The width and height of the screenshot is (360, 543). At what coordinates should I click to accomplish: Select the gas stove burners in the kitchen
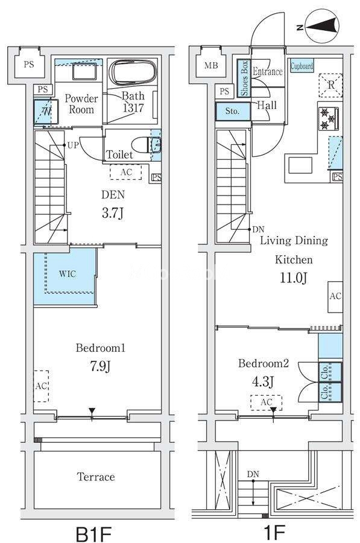pyautogui.click(x=329, y=119)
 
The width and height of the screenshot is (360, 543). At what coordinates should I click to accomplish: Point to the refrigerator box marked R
pyautogui.click(x=330, y=85)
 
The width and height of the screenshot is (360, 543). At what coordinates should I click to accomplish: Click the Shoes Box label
pyautogui.click(x=244, y=78)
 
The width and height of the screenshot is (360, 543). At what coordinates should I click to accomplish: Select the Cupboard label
pyautogui.click(x=302, y=66)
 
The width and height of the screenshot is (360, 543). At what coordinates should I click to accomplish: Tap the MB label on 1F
pyautogui.click(x=211, y=65)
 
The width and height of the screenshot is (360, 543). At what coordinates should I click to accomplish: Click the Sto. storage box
pyautogui.click(x=233, y=111)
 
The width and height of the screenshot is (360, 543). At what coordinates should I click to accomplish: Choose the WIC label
pyautogui.click(x=67, y=274)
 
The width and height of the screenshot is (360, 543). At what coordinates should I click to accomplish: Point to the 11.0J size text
pyautogui.click(x=293, y=278)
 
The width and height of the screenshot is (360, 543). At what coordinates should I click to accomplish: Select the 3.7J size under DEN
pyautogui.click(x=113, y=213)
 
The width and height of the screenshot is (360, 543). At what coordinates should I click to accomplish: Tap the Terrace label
pyautogui.click(x=96, y=477)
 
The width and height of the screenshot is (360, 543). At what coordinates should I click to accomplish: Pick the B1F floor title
pyautogui.click(x=94, y=533)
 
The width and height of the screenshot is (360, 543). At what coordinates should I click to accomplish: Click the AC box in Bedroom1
pyautogui.click(x=41, y=386)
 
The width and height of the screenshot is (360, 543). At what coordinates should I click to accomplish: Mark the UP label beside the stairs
pyautogui.click(x=73, y=145)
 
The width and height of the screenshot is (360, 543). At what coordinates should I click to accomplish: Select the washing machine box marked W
pyautogui.click(x=46, y=112)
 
